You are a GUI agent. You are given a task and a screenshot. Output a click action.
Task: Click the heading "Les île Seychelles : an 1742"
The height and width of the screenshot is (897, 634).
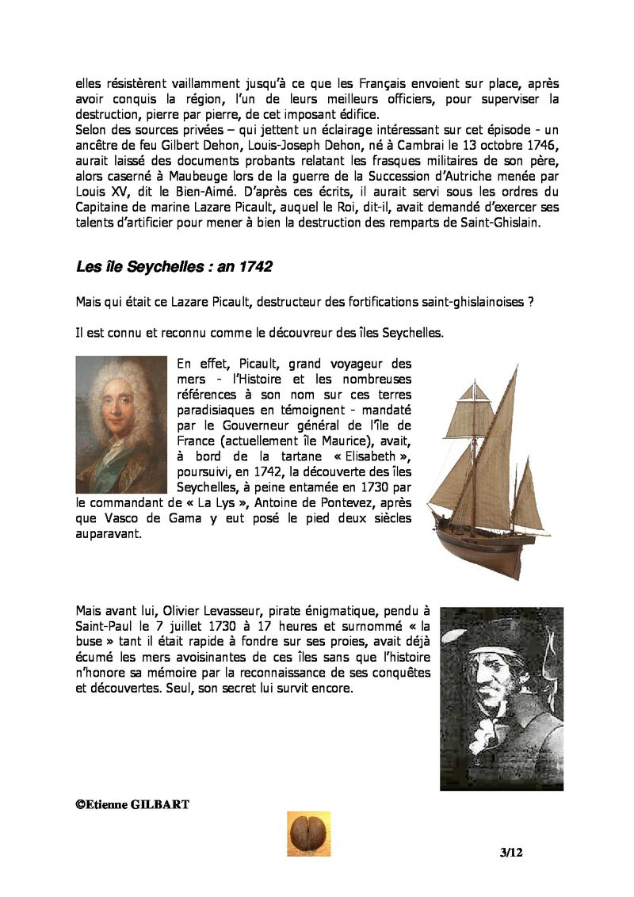point(174,267)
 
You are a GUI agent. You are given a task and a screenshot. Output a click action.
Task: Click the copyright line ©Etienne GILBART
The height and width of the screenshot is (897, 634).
point(132,804)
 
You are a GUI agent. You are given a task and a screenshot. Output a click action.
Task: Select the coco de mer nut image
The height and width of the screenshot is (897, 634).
point(308,834)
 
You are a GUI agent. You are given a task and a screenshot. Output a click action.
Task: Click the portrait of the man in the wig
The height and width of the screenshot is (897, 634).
point(121,424)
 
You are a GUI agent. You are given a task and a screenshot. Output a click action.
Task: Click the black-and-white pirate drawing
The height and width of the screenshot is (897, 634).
point(501,698)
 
